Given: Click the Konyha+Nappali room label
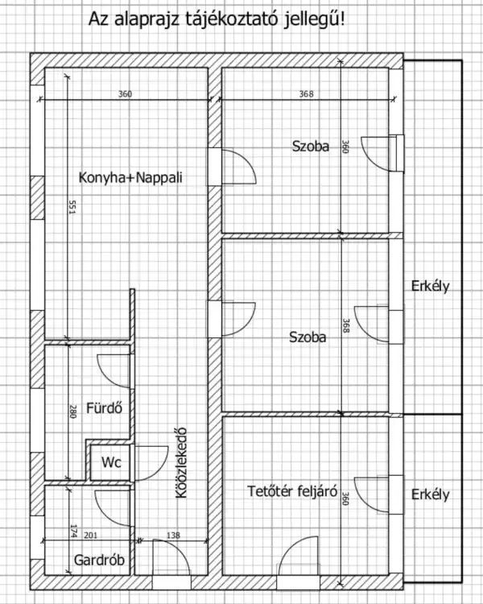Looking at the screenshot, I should click(x=130, y=178).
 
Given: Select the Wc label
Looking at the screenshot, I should click(x=109, y=463).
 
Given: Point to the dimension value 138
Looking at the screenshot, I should click(x=173, y=536).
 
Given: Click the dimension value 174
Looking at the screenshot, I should click(x=72, y=532).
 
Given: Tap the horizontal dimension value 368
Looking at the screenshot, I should click(x=306, y=94).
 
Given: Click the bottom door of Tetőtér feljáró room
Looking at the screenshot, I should click(x=299, y=561).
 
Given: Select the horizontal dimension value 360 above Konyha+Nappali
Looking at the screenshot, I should click(x=125, y=94).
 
